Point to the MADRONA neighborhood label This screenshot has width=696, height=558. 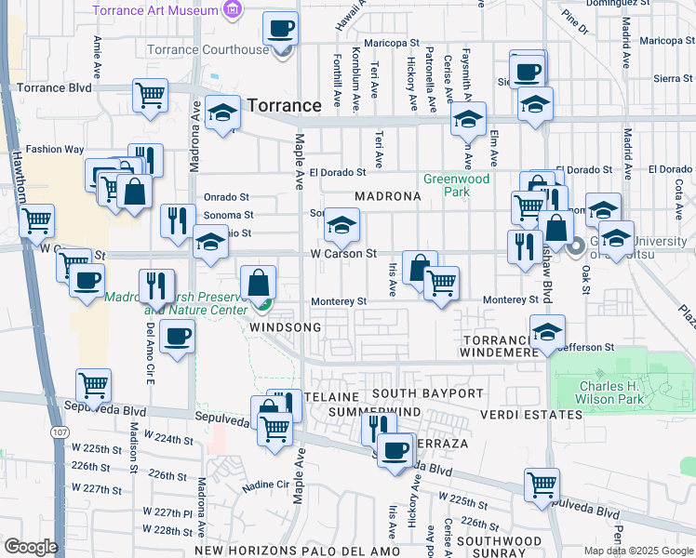point(388,197)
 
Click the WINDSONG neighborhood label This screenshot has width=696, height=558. point(286,327)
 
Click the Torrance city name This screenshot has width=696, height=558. point(285,105)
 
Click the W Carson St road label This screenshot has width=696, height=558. point(343,253)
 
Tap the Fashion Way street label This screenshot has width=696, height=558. point(55,149)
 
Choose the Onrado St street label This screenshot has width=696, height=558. point(227,197)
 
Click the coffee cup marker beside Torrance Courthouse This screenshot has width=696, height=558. point(281,29)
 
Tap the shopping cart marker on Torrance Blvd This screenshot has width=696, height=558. point(150,94)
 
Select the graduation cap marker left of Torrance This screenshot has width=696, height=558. point(223,113)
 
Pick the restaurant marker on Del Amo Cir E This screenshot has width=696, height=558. point(156,285)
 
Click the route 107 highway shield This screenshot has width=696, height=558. point(60,432)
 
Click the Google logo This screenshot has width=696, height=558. point(31,547)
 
